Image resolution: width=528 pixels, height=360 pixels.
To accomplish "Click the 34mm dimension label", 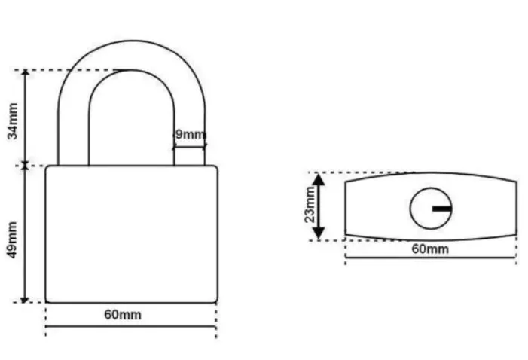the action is click(13, 121).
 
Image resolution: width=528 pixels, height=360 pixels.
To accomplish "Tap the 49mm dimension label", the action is click(13, 239).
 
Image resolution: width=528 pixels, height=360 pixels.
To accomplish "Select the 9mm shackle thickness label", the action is click(191, 134).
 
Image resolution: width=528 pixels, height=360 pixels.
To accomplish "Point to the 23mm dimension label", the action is click(310, 204).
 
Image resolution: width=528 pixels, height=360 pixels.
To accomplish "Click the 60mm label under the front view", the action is click(123, 315).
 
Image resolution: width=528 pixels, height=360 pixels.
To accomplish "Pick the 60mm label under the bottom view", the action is click(430, 249).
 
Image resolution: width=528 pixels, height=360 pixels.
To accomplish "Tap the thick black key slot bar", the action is click(442, 209).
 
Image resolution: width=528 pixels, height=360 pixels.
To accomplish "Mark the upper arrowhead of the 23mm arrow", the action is click(319, 180).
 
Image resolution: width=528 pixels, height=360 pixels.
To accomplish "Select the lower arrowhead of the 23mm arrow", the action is click(319, 233).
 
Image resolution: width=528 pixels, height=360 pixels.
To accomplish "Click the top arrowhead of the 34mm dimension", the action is click(26, 73).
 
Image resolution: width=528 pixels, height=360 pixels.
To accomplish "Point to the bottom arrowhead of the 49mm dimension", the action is click(24, 300).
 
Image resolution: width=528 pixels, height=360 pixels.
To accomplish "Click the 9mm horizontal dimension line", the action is click(189, 147).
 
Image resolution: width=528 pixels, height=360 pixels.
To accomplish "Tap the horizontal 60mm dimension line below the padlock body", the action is click(131, 326).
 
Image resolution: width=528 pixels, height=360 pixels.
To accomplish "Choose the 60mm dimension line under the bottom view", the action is click(430, 258).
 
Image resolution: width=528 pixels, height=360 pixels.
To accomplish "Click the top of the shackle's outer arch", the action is click(132, 41).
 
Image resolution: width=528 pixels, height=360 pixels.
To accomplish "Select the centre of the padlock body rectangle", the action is click(132, 234).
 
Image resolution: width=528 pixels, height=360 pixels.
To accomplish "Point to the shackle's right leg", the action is click(189, 135).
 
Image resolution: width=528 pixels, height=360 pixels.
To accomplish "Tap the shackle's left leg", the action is click(73, 135).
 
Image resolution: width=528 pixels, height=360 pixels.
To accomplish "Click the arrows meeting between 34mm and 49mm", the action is click(25, 166).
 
